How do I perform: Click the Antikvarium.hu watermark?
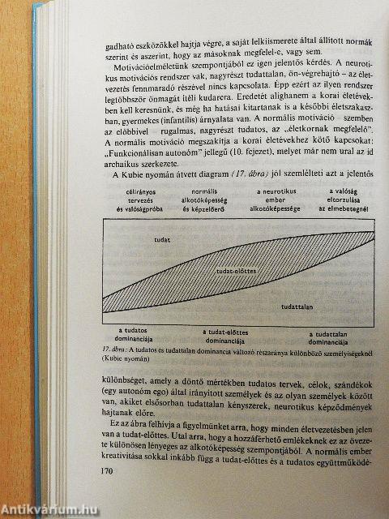click(x=41, y=510)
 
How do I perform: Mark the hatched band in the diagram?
click(x=243, y=268)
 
